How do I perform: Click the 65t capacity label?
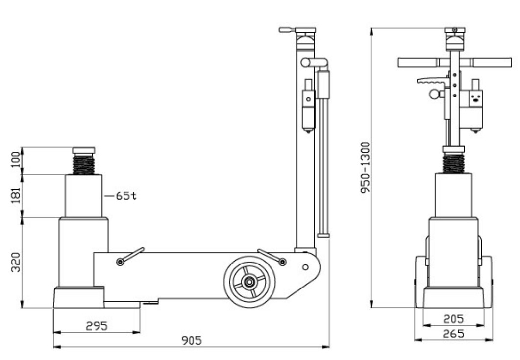click(126, 196)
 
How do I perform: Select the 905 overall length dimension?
click(192, 340)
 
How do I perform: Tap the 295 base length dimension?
click(97, 326)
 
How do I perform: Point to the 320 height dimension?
click(16, 262)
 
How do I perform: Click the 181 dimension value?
click(16, 195)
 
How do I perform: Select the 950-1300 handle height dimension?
click(365, 168)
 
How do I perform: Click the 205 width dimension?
click(453, 319)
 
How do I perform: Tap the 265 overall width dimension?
click(453, 334)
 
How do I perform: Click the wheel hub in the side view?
click(248, 282)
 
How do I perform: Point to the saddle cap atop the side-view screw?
click(84, 150)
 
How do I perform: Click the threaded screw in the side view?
click(84, 165)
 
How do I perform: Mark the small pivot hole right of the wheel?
click(305, 267)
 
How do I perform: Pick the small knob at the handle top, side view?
click(287, 30)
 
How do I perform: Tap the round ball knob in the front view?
click(434, 94)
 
